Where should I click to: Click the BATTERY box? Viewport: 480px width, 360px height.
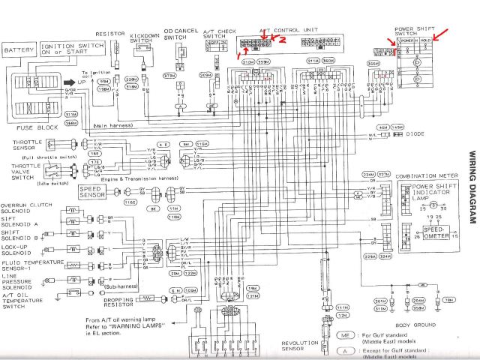click(20, 51)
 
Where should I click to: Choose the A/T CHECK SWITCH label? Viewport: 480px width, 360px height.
click(217, 34)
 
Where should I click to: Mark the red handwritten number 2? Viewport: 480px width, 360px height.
click(283, 40)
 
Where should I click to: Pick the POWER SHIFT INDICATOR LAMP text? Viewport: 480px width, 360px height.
click(433, 190)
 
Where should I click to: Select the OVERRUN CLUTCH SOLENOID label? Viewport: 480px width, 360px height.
click(25, 207)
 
